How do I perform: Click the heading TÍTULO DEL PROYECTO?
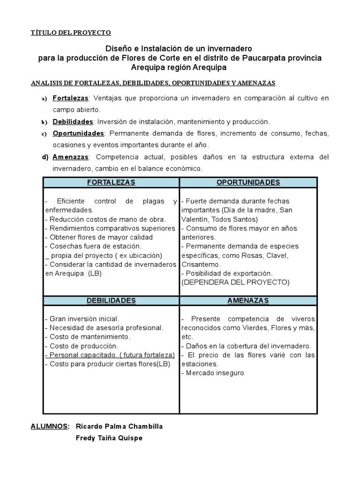(71, 32)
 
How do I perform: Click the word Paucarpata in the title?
(263, 58)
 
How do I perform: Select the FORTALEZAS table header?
(111, 182)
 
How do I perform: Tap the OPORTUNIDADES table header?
(248, 182)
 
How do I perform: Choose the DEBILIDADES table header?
(111, 300)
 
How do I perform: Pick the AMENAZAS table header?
(248, 300)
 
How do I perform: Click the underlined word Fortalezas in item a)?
(70, 98)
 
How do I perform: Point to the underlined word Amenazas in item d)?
(70, 157)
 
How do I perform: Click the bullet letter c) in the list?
(44, 134)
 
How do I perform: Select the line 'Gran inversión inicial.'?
(82, 319)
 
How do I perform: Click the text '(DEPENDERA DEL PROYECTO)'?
(235, 282)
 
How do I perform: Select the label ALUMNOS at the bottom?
(50, 426)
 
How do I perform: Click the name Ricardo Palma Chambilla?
(119, 426)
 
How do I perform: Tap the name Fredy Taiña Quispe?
(109, 438)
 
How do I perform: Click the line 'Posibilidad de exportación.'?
(226, 273)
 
